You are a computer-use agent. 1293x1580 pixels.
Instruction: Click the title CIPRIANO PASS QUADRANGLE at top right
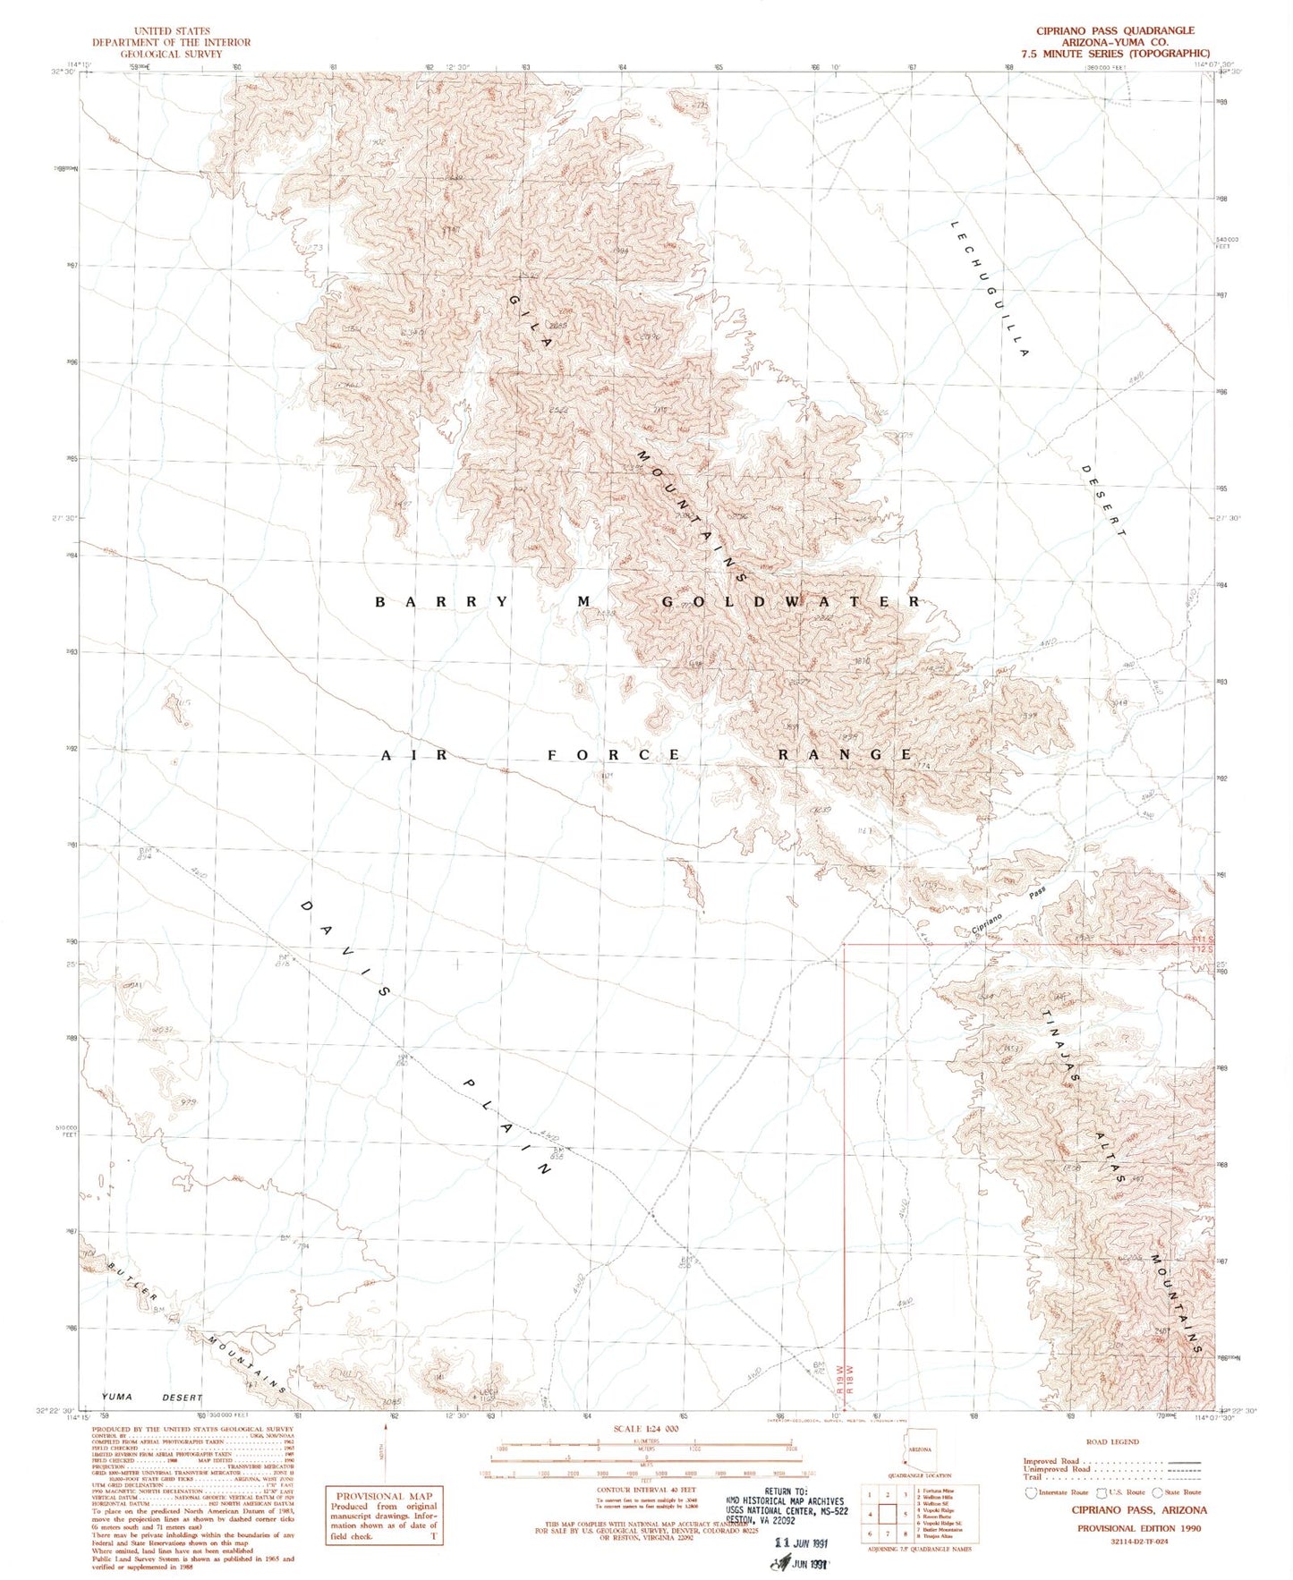[1115, 30]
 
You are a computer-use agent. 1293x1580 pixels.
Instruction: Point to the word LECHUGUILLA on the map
[990, 288]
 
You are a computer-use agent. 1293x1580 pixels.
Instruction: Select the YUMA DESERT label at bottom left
[152, 1397]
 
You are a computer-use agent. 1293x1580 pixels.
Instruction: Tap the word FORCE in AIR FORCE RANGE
[614, 755]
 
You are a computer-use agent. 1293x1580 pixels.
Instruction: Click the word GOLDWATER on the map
[790, 601]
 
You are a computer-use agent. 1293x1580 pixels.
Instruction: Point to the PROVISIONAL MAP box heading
[384, 1495]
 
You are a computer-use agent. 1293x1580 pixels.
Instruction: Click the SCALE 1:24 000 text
[645, 1428]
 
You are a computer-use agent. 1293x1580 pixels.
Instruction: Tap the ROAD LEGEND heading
[1113, 1441]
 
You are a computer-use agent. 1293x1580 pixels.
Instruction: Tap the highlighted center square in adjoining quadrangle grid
[888, 1514]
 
